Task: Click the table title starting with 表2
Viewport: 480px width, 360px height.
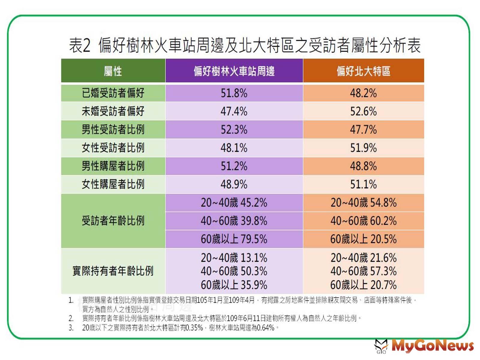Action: [244, 45]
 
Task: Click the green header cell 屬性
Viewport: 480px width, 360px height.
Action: [113, 71]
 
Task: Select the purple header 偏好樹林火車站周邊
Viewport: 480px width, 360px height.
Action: [234, 71]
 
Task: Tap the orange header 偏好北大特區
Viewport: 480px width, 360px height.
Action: [363, 71]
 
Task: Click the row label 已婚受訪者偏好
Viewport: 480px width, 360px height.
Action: [113, 93]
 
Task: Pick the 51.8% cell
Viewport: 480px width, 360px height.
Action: [234, 93]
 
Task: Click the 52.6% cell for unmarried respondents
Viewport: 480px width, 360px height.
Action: [363, 112]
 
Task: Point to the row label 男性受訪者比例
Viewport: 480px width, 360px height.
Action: [113, 130]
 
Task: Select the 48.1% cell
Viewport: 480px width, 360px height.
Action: [234, 148]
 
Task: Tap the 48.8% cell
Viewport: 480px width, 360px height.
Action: [363, 166]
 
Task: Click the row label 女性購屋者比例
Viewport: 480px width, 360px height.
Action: [113, 184]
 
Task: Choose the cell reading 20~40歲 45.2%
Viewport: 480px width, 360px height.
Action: [234, 203]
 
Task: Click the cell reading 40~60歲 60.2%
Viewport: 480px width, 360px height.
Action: [363, 221]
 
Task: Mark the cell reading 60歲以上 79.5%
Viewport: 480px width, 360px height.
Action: [234, 239]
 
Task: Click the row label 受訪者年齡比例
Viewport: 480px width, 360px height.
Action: [113, 221]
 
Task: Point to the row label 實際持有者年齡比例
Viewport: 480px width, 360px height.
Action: [113, 271]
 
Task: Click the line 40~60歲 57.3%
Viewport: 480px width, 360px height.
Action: [363, 271]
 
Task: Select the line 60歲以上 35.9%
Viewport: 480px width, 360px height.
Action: [234, 285]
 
